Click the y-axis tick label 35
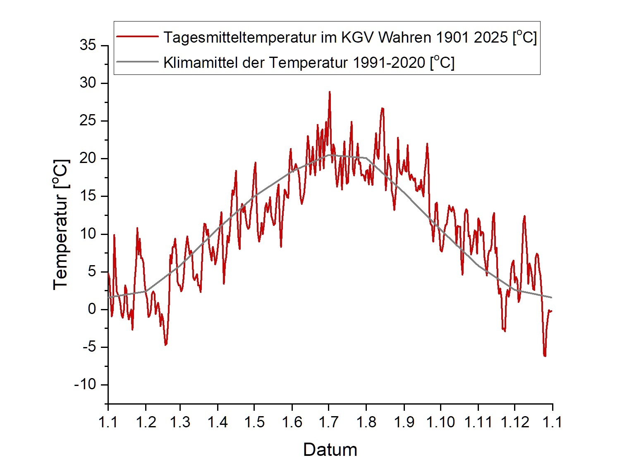tap(88, 45)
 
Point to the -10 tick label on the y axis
tap(85, 385)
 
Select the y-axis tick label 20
tap(88, 158)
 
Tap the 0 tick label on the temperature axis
tap(92, 309)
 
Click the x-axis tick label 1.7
tap(329, 422)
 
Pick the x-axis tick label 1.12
tap(515, 422)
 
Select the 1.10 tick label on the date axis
tap(441, 422)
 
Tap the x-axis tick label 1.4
tap(218, 422)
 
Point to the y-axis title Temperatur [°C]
tap(61, 225)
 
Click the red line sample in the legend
tap(138, 37)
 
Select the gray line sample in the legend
tap(138, 62)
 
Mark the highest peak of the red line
tap(330, 92)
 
